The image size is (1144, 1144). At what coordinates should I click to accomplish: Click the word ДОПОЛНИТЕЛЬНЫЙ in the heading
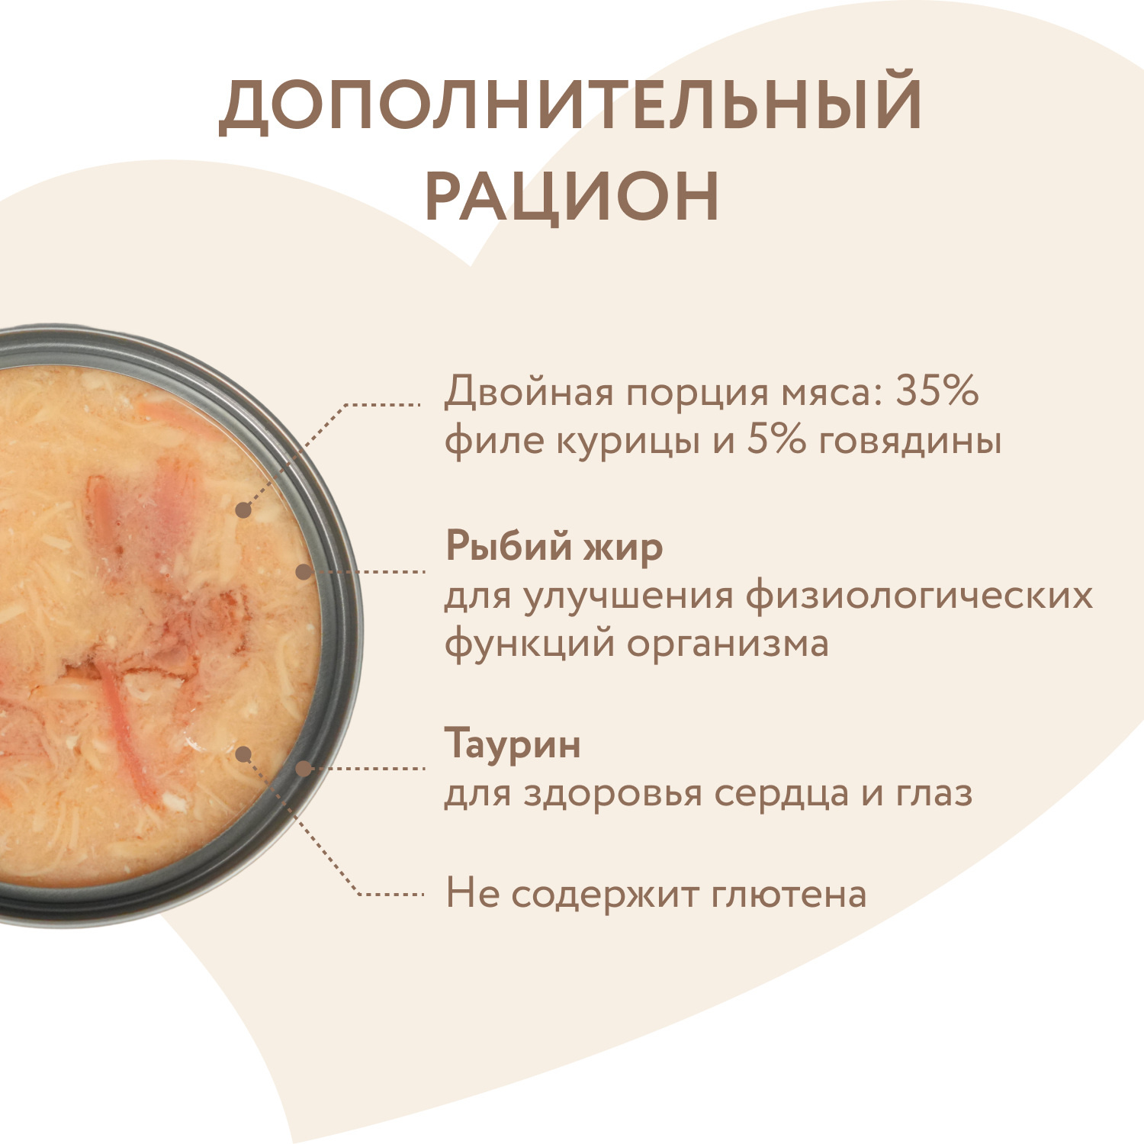point(570,104)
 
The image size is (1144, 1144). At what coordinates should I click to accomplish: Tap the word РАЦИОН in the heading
point(572,196)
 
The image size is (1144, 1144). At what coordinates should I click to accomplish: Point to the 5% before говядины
point(776,440)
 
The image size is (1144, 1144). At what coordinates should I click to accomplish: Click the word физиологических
point(919,596)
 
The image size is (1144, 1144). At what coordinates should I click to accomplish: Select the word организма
point(728,643)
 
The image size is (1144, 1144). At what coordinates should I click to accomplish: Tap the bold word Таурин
point(513,744)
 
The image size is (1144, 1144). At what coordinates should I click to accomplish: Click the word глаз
point(934,793)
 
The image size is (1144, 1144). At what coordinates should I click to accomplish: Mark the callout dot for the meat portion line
point(243,510)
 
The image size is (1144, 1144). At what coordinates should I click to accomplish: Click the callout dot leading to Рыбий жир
point(304,571)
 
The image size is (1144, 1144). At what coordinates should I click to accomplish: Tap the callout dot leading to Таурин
point(304,768)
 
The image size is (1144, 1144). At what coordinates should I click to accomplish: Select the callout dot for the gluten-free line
point(243,754)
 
